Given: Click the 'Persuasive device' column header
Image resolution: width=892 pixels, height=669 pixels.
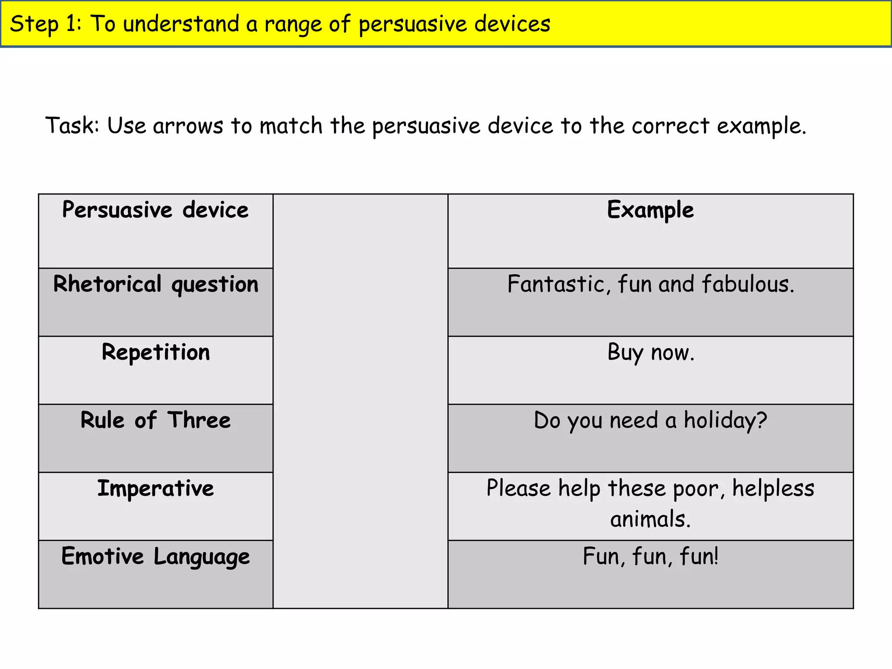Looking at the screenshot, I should pos(155,210).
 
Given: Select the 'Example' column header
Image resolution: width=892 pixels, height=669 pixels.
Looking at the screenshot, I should pos(650,210).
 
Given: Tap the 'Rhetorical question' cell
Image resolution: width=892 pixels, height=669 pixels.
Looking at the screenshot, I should pos(155,284).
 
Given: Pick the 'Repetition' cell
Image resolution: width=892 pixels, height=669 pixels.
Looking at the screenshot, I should pos(155,352).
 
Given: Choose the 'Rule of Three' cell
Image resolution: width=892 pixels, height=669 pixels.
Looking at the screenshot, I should pos(155,420).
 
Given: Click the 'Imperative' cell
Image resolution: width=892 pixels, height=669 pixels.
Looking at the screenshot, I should pos(155,488).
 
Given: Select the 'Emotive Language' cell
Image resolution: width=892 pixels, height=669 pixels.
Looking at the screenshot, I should pos(155,557).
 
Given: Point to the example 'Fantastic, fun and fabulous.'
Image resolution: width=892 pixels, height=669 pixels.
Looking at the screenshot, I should pos(651,284).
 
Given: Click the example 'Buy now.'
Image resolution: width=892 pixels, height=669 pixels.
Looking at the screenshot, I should pos(651,352).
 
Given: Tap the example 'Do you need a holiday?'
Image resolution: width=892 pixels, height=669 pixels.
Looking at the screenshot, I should pos(650,421).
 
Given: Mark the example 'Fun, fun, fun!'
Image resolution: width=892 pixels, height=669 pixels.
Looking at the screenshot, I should pos(650,557).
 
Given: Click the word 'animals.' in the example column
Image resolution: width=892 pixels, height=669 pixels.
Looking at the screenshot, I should pos(650,519).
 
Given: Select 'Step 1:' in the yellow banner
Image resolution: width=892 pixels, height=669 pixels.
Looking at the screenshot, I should pos(45,24).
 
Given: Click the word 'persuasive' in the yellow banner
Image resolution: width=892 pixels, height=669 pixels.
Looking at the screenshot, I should pos(412,24).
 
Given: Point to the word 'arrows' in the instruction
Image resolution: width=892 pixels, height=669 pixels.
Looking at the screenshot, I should pos(188,126).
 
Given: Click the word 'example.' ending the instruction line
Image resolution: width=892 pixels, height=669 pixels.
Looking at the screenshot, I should pos(761,126).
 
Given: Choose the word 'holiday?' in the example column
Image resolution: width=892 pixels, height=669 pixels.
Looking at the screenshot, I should pos(725,421).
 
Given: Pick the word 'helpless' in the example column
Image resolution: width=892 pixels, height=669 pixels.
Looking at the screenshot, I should pos(773,489).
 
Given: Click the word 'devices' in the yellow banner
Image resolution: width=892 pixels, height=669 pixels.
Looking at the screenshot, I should pos(512,24).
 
